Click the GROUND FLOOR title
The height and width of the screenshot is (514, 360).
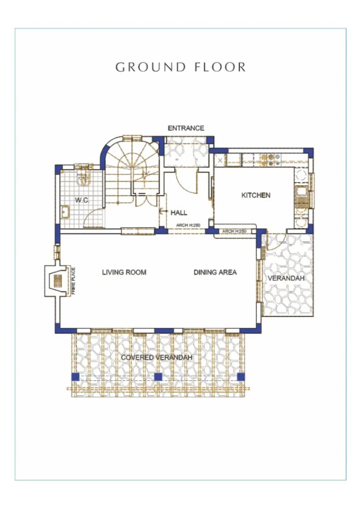pos(180,67)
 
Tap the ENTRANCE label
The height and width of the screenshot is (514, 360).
pos(186,128)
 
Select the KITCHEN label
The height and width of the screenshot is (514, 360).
pos(255,195)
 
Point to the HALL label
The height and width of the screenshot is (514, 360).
pos(179,212)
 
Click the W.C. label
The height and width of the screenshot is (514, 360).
pos(81,200)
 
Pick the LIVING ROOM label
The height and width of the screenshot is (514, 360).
pos(124,272)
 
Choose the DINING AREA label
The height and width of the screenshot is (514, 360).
pos(215,272)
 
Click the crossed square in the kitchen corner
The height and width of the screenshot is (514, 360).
pos(221,158)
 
